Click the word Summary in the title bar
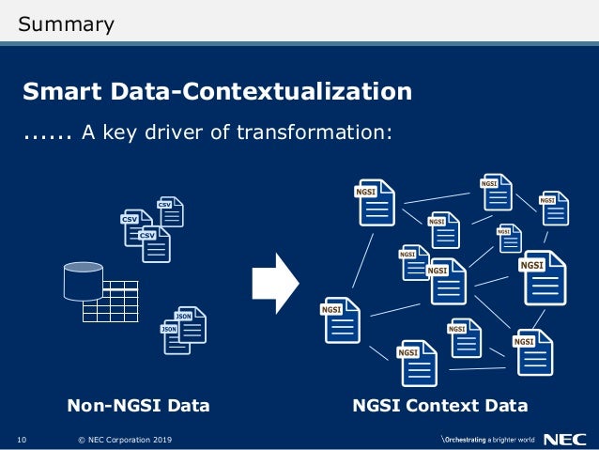pos(67,23)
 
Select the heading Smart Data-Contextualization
pos(217,91)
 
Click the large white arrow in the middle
pos(275,281)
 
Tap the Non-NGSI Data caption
pos(138,406)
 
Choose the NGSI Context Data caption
pos(439,406)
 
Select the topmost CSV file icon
pos(169,211)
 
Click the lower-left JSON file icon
pos(176,335)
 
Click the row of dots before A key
pos(48,133)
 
